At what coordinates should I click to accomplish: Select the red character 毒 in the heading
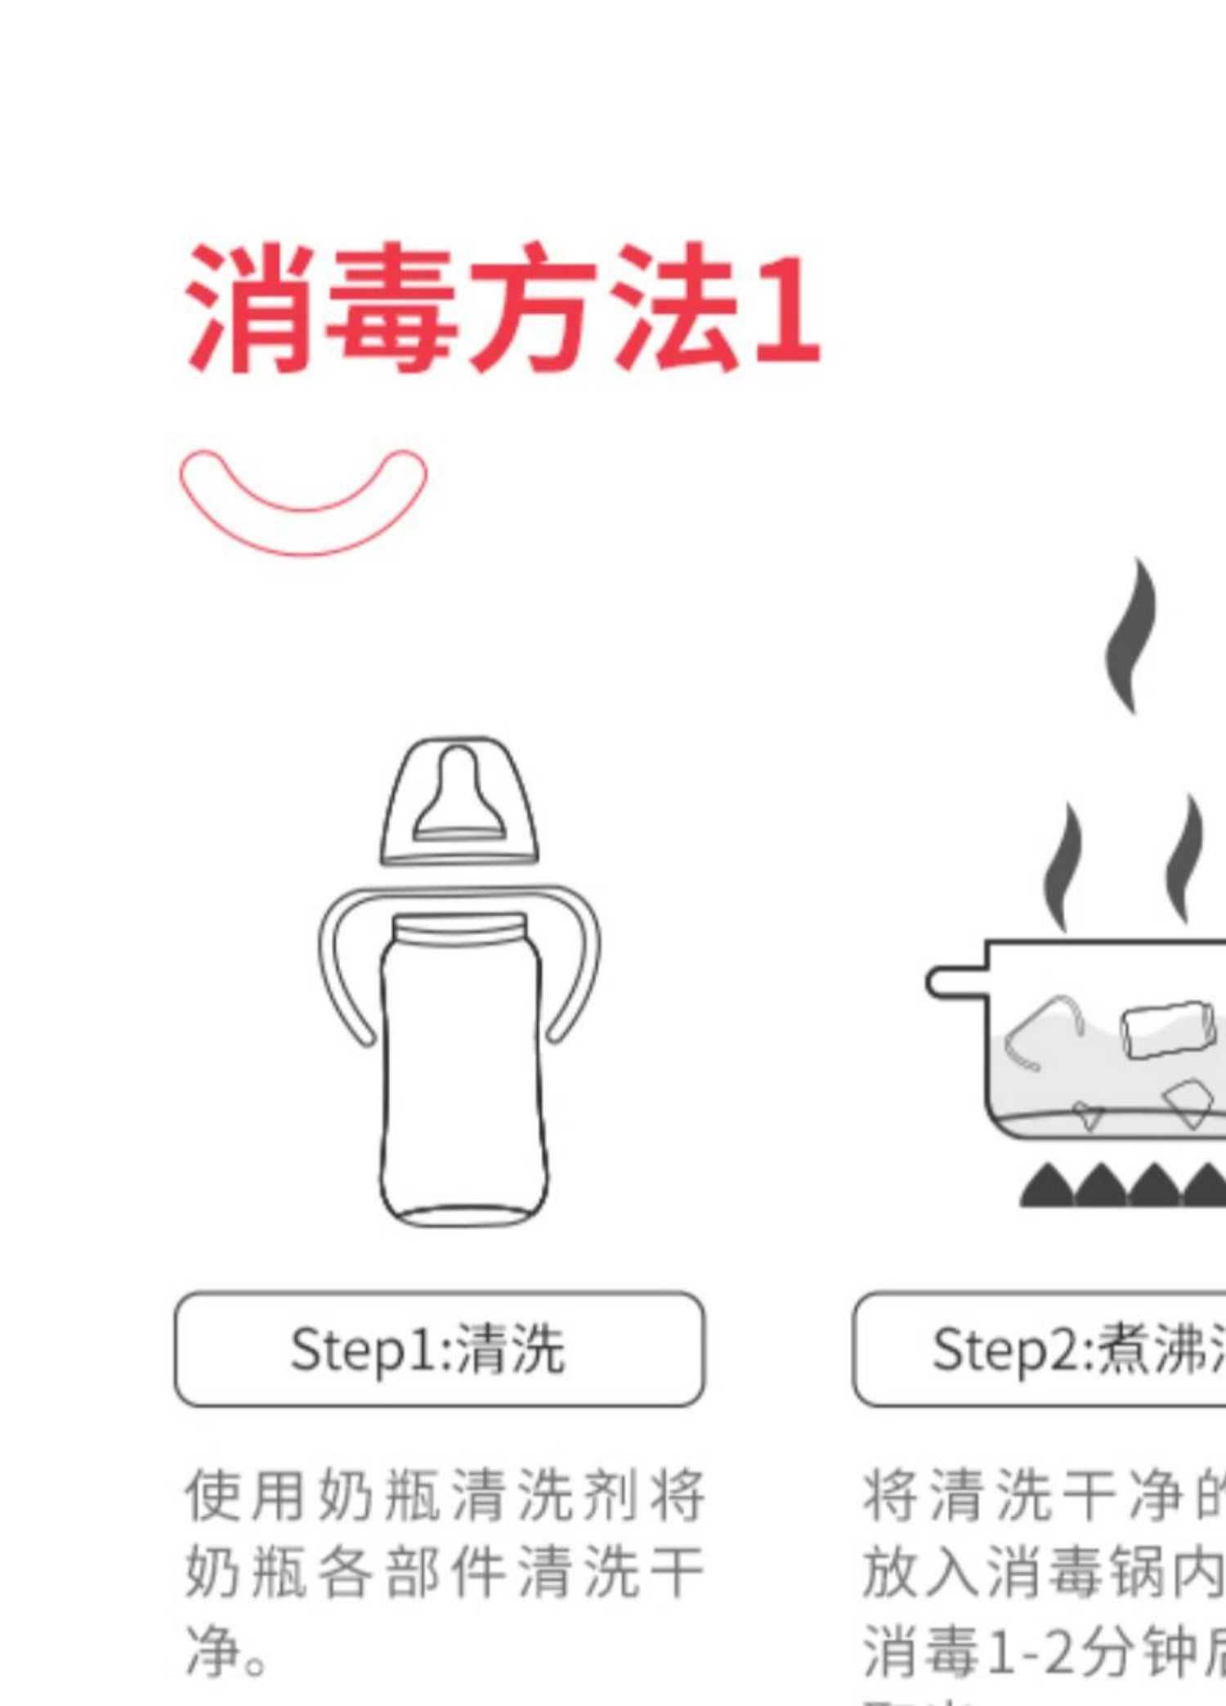(x=391, y=308)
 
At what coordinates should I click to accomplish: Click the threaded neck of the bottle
(x=460, y=931)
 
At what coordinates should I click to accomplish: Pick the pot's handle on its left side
(x=955, y=982)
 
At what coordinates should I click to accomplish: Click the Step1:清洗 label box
(x=439, y=1349)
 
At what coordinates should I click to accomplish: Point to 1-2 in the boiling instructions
(x=1032, y=1650)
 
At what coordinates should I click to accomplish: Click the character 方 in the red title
(x=532, y=308)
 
